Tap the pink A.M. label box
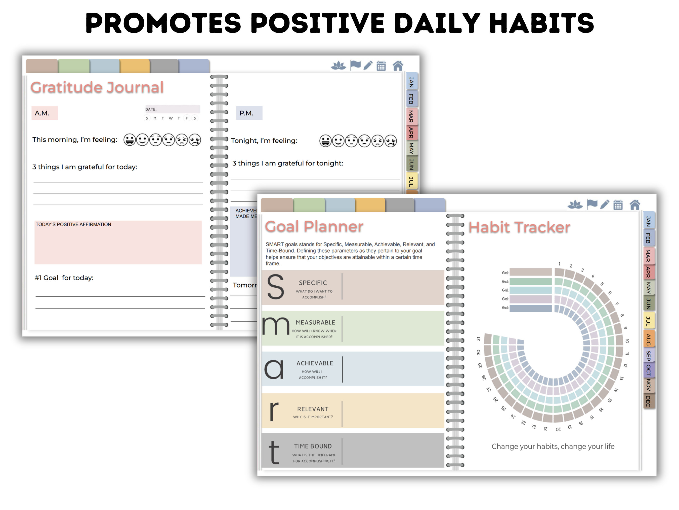(44, 113)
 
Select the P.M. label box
(249, 113)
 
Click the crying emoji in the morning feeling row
(195, 140)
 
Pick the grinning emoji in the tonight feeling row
(325, 141)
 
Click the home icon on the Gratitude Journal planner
(398, 66)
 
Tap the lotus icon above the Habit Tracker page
(575, 205)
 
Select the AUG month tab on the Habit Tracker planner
(648, 339)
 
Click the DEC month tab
(648, 401)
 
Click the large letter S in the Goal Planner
(275, 287)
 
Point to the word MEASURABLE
(315, 322)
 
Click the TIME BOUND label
(313, 446)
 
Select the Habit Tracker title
(519, 227)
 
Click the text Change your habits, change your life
(553, 446)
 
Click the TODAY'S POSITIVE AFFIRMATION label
(73, 224)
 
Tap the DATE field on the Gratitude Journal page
(172, 109)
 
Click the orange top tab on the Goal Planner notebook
(370, 205)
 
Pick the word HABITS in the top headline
(542, 23)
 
